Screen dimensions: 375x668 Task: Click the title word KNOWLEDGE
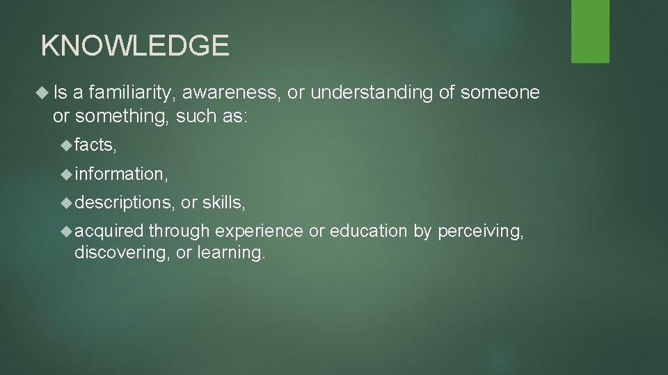tap(135, 46)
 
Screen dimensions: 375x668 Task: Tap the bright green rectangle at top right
tap(590, 31)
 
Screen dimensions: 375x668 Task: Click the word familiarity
tap(132, 93)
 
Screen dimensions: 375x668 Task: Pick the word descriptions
tap(123, 202)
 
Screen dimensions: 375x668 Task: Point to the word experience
tap(259, 231)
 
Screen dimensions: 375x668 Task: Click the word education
tap(369, 231)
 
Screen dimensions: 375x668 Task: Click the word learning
tap(230, 252)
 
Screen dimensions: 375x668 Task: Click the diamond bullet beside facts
tap(67, 144)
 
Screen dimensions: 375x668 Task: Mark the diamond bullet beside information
tap(67, 174)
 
